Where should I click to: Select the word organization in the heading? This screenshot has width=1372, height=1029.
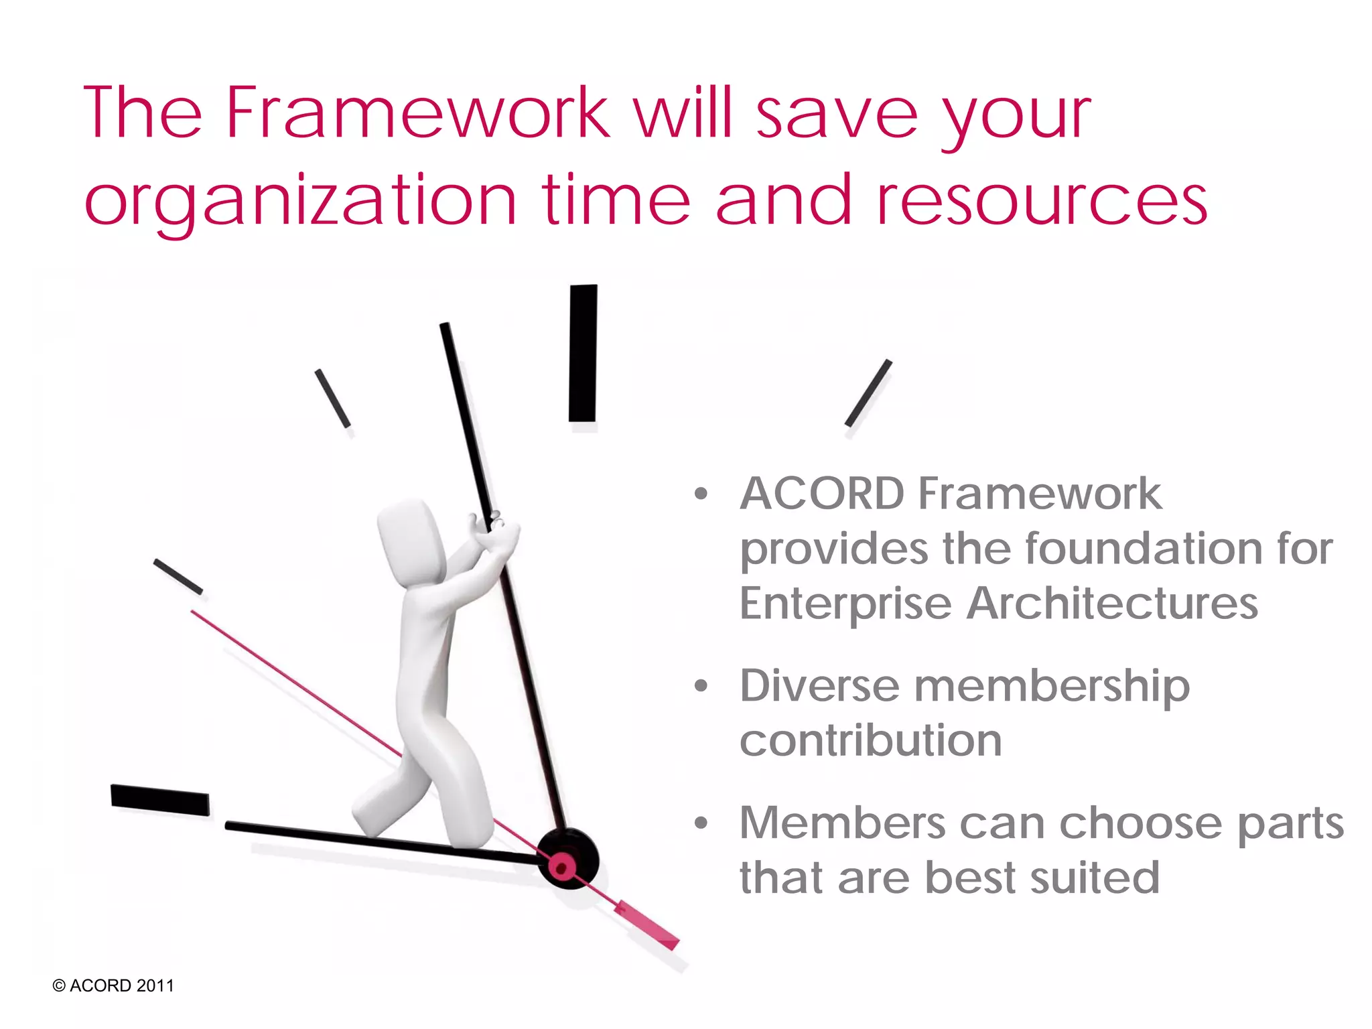click(x=301, y=200)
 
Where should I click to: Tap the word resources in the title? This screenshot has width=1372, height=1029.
click(x=1042, y=200)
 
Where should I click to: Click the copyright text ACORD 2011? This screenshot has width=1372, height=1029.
click(x=113, y=985)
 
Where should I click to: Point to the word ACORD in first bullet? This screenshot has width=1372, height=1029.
click(x=822, y=494)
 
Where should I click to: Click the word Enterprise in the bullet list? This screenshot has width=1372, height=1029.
click(x=845, y=604)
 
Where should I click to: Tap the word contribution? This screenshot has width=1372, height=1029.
click(x=870, y=741)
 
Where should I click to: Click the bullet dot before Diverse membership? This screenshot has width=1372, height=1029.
click(x=701, y=686)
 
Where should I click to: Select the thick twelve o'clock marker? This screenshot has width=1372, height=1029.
click(x=583, y=353)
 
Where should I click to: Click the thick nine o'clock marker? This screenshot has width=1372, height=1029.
click(x=160, y=799)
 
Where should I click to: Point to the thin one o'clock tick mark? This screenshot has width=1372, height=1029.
click(x=868, y=393)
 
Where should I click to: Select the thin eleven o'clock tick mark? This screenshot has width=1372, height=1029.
click(x=333, y=399)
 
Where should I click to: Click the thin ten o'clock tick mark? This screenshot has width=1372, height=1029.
click(x=178, y=576)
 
